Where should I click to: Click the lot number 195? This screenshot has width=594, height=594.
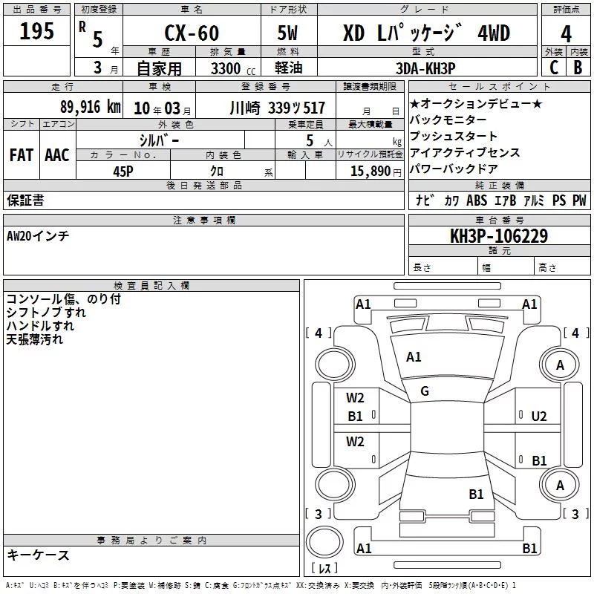(36, 30)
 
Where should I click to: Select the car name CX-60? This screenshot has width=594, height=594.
(192, 33)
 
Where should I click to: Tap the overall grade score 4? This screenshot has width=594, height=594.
(566, 34)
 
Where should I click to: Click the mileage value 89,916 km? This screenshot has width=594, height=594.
(91, 107)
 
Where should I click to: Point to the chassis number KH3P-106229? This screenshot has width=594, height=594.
(499, 236)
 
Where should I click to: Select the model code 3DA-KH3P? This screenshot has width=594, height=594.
(425, 68)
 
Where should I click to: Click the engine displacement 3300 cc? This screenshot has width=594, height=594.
(233, 68)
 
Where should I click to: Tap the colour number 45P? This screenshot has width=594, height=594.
(123, 172)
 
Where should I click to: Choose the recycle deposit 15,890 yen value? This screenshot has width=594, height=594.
(376, 172)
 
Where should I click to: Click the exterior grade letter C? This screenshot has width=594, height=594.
(554, 68)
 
